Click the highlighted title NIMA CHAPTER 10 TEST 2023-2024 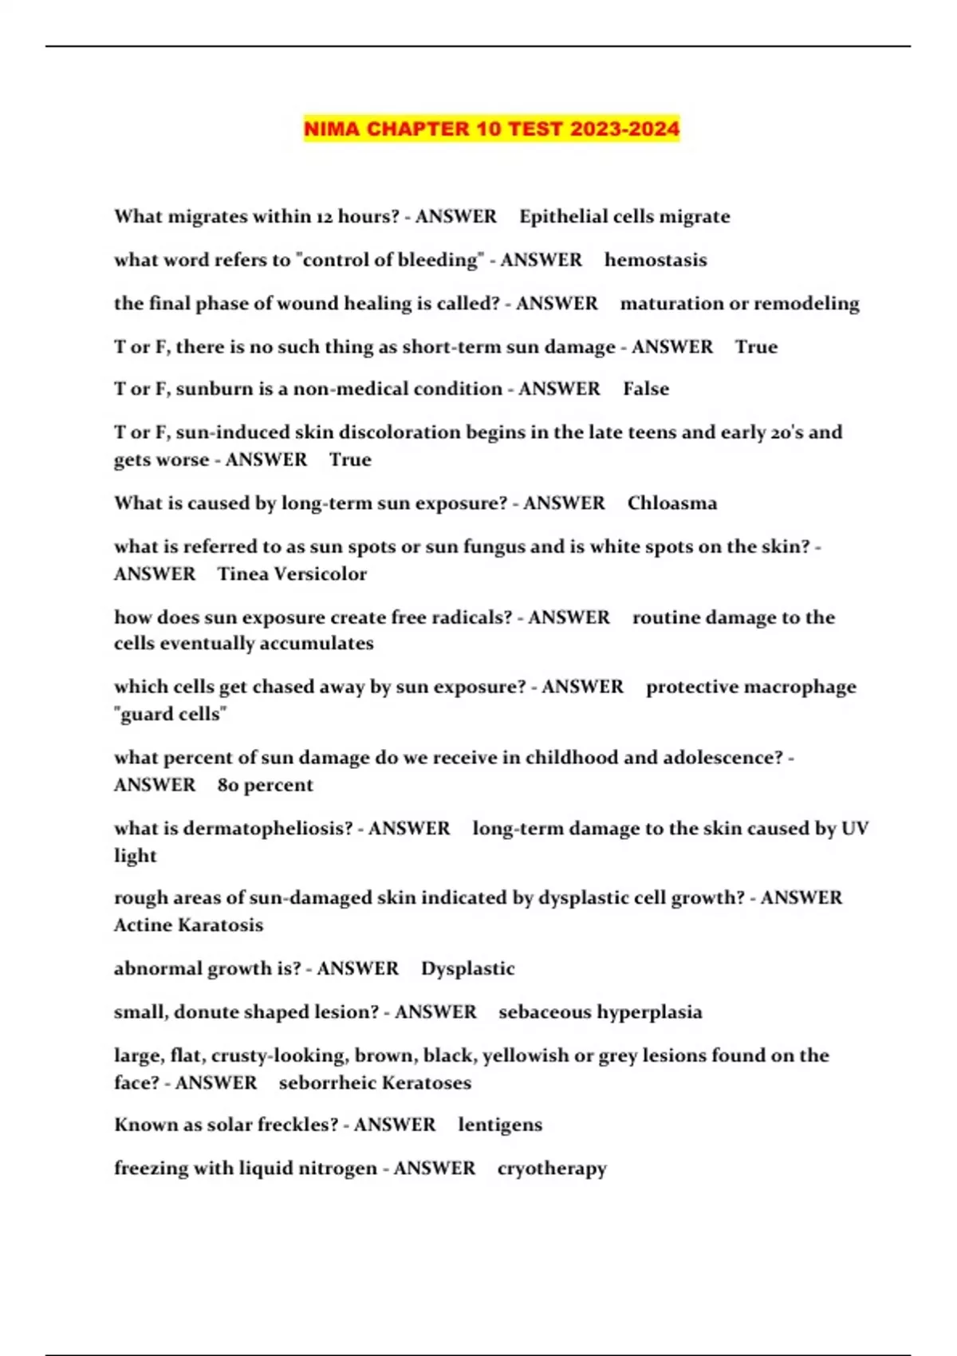[x=491, y=128]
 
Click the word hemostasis [x=656, y=260]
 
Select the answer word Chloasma [x=671, y=503]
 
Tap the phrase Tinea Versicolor [x=292, y=574]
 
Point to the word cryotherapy [x=552, y=1169]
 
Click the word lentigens [x=500, y=1125]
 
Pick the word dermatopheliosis [x=268, y=829]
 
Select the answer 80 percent [x=265, y=785]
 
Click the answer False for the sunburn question [x=646, y=389]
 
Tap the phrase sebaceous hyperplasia [x=601, y=1012]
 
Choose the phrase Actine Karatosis [x=188, y=925]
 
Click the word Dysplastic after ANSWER [x=468, y=968]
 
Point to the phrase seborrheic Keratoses [x=375, y=1083]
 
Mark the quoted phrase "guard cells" [x=171, y=714]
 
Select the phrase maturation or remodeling [x=740, y=304]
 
